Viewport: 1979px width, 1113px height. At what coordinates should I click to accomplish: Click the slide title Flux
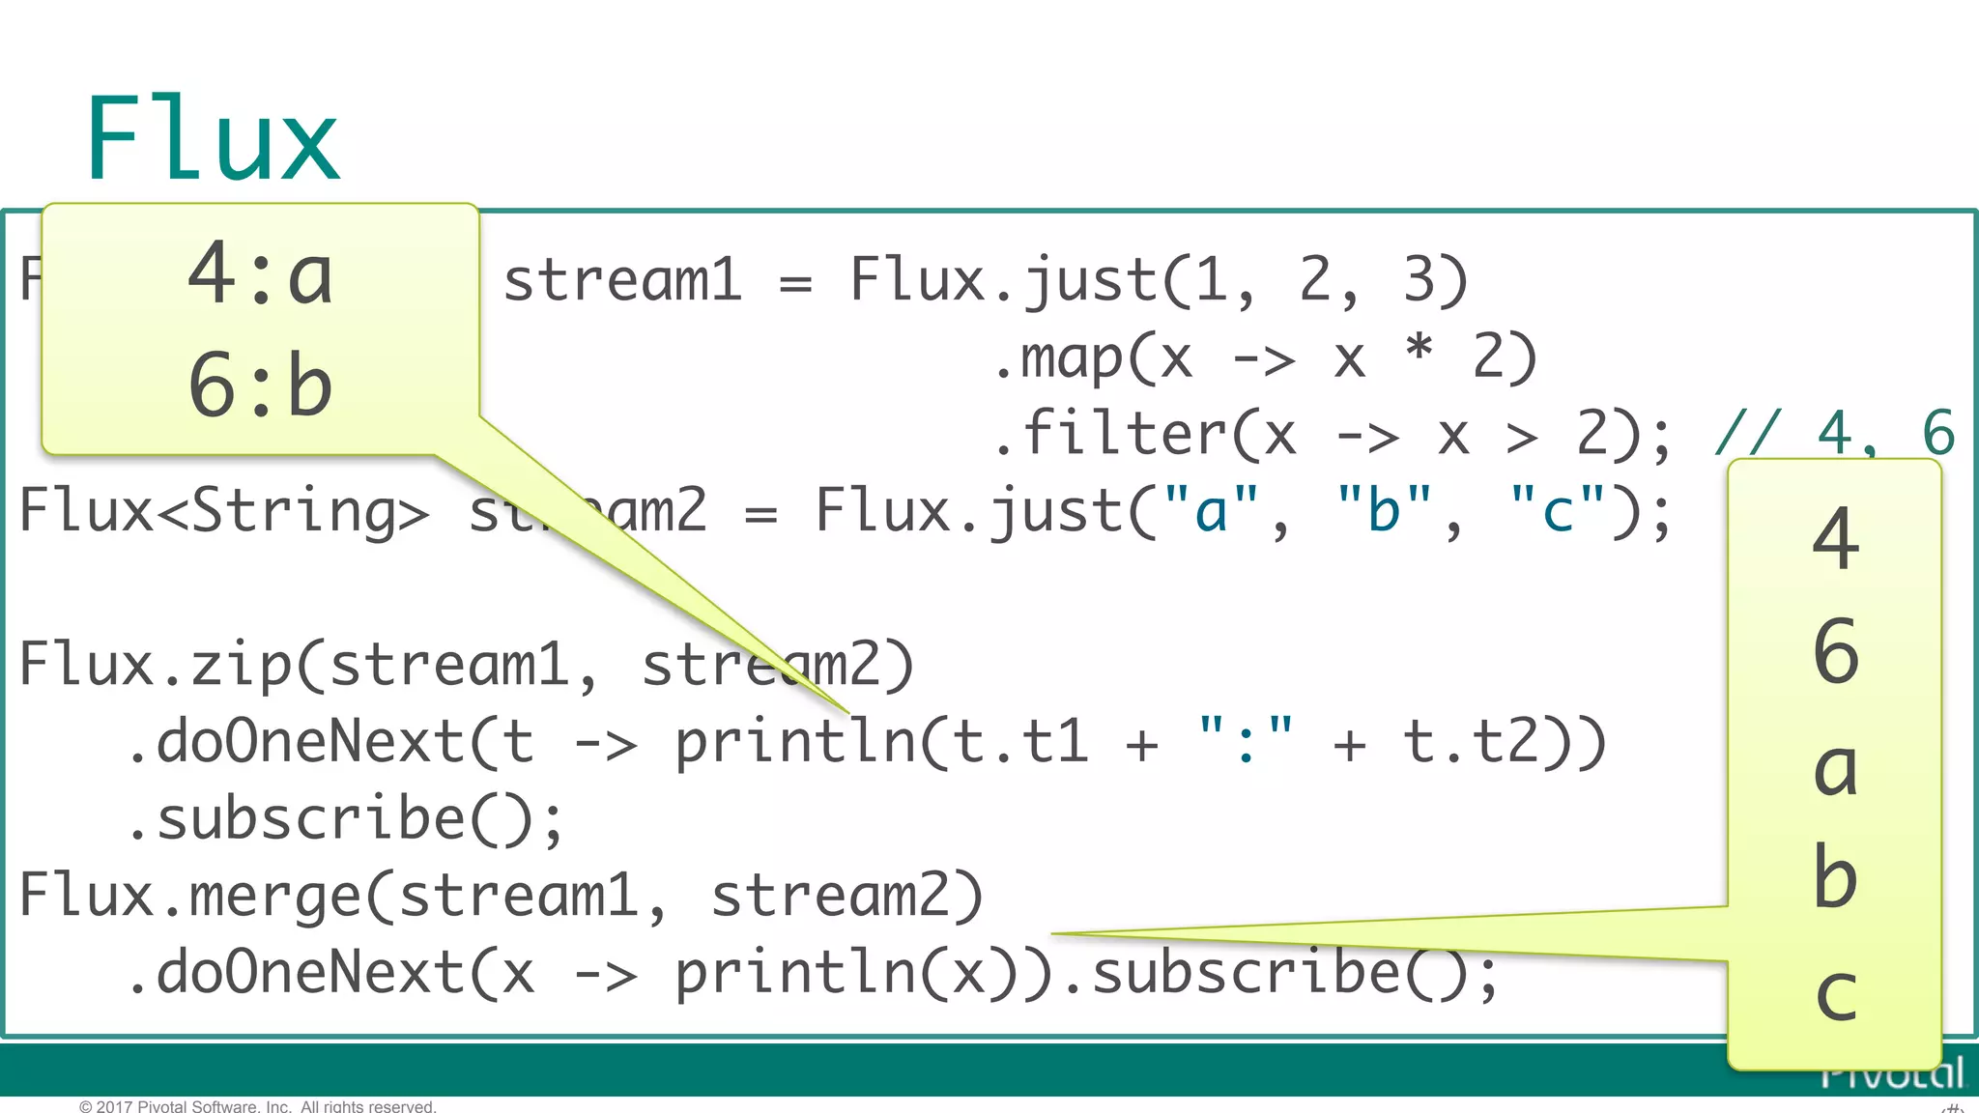tap(213, 140)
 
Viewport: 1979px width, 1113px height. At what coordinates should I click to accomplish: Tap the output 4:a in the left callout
tap(261, 275)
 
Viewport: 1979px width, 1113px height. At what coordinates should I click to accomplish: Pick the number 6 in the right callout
tap(1836, 652)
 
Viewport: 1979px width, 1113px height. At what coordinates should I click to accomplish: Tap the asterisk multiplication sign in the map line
tap(1419, 348)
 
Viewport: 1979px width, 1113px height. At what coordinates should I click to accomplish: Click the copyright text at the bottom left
tap(257, 1105)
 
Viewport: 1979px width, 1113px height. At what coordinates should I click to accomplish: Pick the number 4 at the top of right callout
tap(1836, 539)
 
